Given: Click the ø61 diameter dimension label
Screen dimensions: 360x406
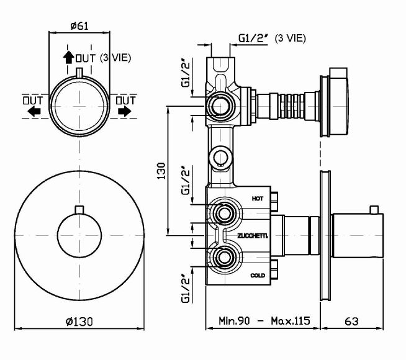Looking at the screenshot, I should [x=79, y=26].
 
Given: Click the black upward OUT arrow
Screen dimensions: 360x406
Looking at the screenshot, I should [x=68, y=58].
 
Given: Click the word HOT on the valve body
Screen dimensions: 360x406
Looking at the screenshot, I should [x=258, y=198].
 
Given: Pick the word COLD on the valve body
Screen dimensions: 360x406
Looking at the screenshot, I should [x=258, y=275].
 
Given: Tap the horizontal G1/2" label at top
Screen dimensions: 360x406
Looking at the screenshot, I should [x=253, y=38].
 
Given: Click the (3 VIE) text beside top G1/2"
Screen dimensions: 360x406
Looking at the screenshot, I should [x=291, y=38].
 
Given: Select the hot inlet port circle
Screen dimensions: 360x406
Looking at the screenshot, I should [x=223, y=214].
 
